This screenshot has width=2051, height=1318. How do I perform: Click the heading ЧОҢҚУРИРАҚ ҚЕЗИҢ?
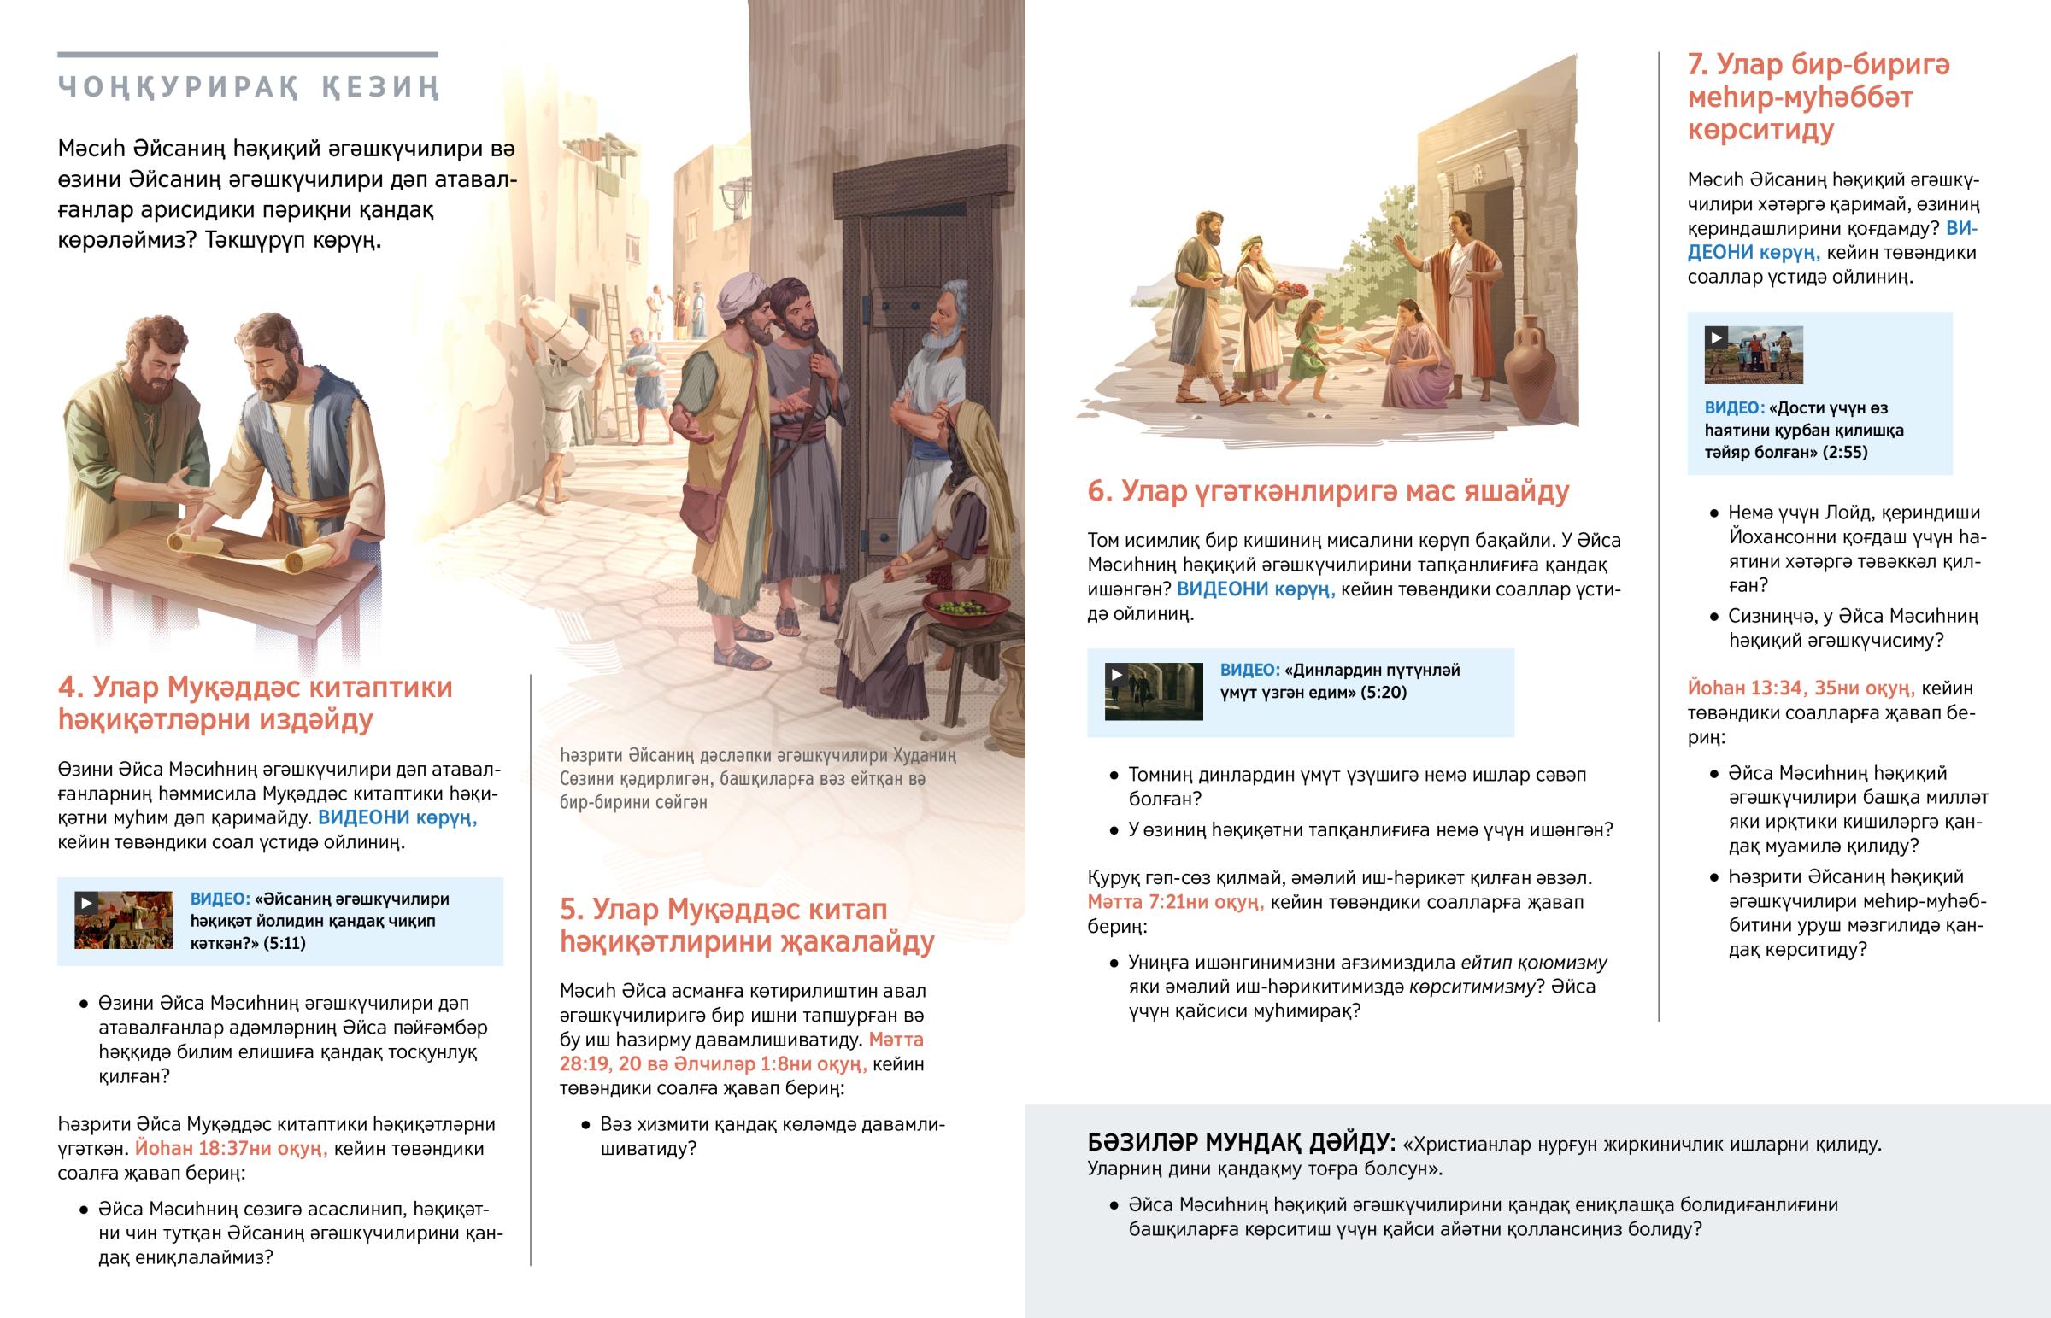click(248, 87)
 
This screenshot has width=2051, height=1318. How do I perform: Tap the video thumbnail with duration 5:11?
click(123, 920)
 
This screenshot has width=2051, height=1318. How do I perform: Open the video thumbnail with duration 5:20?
click(1153, 692)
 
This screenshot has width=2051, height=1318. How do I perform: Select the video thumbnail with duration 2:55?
click(1753, 354)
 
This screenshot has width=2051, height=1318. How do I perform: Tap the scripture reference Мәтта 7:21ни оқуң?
click(1175, 902)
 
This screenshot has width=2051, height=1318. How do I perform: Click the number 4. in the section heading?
click(70, 688)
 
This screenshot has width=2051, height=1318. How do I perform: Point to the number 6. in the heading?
click(1099, 491)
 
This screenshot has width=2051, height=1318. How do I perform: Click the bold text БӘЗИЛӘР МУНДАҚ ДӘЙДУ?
click(1241, 1144)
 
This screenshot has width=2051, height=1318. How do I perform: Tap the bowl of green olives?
click(966, 607)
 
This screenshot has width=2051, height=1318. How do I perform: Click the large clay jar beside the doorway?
click(1530, 367)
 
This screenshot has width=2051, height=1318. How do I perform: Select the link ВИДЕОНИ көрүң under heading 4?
click(397, 817)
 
